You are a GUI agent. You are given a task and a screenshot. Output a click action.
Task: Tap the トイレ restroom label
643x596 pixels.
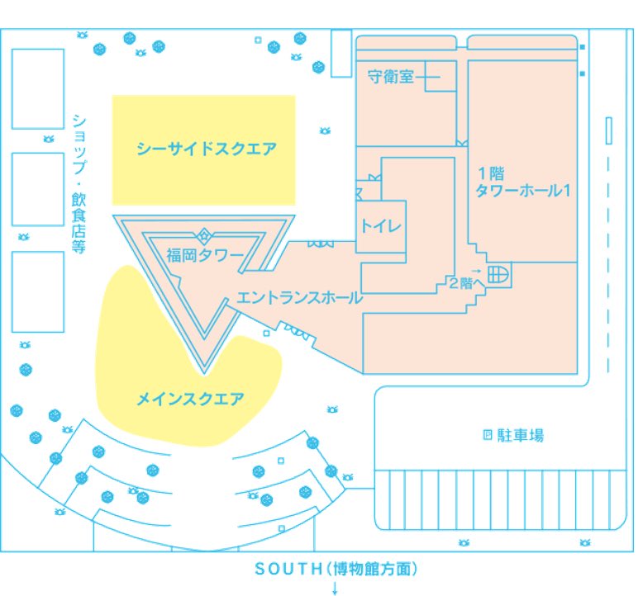[380, 225]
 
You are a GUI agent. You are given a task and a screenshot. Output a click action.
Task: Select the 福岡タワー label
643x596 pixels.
[204, 253]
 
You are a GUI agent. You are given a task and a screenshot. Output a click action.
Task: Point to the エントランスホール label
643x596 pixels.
[299, 298]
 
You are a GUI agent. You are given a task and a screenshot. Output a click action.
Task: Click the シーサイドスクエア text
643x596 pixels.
[206, 149]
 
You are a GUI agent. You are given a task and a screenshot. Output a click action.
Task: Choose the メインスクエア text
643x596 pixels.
[190, 400]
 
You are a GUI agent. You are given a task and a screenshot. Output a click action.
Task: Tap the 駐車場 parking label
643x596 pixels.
[520, 435]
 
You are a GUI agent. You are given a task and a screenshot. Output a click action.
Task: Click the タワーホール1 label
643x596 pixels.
[522, 190]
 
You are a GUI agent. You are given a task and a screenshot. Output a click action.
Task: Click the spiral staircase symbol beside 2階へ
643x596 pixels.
[499, 274]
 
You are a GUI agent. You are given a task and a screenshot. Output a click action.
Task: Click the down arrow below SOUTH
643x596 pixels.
[336, 588]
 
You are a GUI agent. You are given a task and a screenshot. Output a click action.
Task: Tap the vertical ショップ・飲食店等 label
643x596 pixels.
[79, 182]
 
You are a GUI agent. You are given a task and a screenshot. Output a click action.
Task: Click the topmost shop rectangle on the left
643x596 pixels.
[37, 88]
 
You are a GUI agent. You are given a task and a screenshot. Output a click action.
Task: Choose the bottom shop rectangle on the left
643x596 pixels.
[38, 291]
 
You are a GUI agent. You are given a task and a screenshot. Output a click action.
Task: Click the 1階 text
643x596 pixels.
[491, 173]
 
